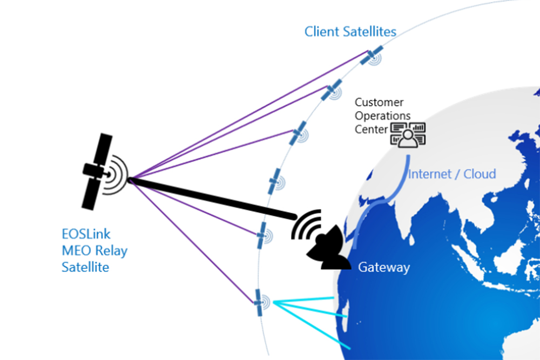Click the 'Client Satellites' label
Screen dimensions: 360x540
[x=350, y=31]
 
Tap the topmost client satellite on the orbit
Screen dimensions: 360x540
[x=372, y=55]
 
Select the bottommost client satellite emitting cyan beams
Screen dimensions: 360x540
[x=259, y=303]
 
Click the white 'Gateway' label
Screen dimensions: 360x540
[x=384, y=267]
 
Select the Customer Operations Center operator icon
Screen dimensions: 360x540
[x=408, y=135]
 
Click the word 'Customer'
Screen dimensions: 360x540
[x=379, y=102]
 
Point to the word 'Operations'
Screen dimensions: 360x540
[x=382, y=116]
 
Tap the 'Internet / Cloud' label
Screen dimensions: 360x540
[x=452, y=174]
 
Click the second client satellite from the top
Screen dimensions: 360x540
[x=332, y=91]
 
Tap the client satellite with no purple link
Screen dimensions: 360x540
[x=276, y=180]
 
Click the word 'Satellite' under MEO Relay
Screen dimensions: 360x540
[x=85, y=267]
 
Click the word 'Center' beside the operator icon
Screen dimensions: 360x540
[x=371, y=129]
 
